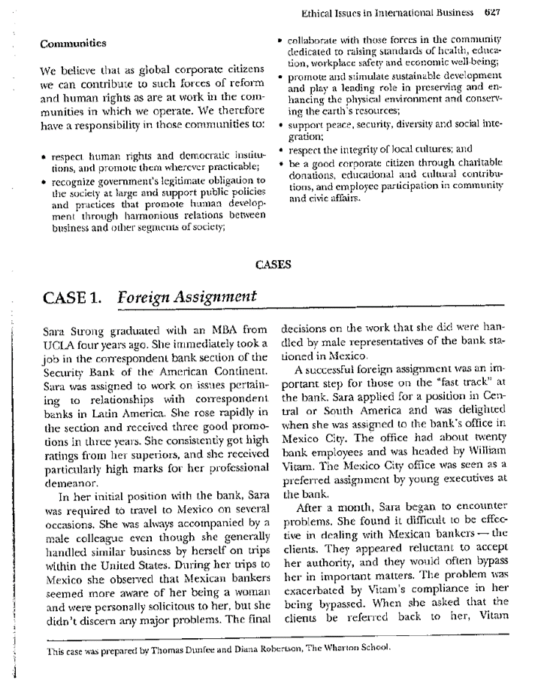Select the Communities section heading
72,44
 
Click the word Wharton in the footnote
331,650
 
